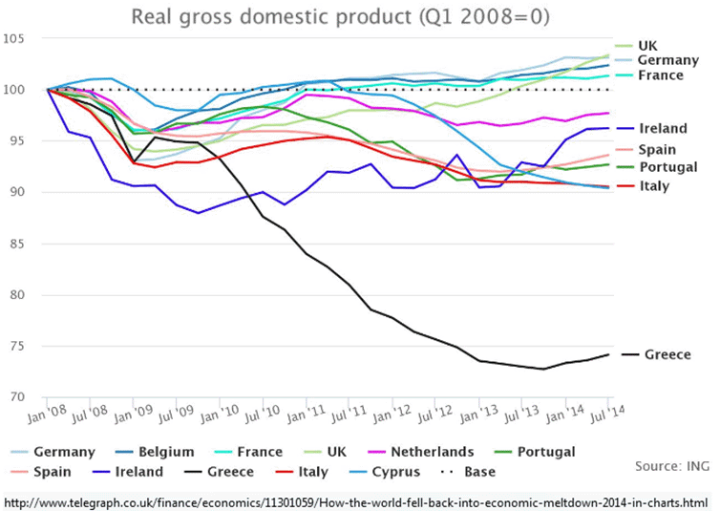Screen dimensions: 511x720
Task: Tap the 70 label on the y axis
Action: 22,395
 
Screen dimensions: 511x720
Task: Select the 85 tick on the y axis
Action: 22,243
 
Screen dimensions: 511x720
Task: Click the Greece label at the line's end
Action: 667,354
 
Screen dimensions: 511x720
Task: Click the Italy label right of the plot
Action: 654,185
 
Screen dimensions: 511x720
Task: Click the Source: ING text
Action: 672,465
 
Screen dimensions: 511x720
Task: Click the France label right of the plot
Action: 660,75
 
